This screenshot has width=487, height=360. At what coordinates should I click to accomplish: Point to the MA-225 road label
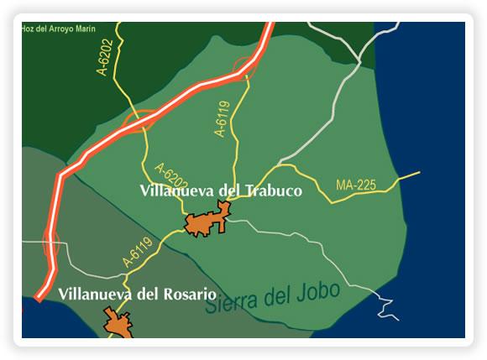pyautogui.click(x=355, y=185)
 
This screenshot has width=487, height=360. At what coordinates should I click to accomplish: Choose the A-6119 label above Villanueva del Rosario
pyautogui.click(x=138, y=253)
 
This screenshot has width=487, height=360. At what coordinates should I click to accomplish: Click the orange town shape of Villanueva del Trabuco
pyautogui.click(x=207, y=222)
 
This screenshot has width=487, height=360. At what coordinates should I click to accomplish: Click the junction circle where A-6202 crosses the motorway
pyautogui.click(x=139, y=123)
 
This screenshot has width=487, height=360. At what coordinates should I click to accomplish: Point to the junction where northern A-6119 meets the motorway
pyautogui.click(x=243, y=68)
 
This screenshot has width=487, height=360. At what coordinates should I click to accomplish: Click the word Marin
pyautogui.click(x=82, y=28)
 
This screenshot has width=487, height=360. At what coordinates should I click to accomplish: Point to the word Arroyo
pyautogui.click(x=58, y=28)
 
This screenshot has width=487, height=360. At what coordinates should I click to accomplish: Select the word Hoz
pyautogui.click(x=27, y=28)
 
